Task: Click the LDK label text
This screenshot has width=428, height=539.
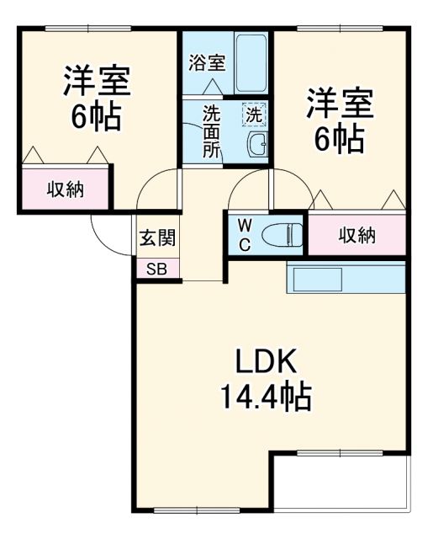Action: (265, 363)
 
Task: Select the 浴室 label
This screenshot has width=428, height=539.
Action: (206, 62)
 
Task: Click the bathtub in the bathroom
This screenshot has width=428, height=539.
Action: (251, 63)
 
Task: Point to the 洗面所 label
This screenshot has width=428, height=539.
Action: (211, 131)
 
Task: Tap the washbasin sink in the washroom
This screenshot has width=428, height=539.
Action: (256, 146)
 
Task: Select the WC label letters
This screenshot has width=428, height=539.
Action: (242, 234)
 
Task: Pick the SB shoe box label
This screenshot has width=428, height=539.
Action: (156, 269)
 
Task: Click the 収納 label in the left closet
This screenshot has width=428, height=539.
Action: (65, 189)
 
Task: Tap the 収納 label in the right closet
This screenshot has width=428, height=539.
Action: (357, 236)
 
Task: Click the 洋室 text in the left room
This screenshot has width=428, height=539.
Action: (96, 82)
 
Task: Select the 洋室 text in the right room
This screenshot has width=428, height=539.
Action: (339, 104)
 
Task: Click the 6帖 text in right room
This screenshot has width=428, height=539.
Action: (339, 139)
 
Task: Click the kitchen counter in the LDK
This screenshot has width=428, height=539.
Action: (346, 278)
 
